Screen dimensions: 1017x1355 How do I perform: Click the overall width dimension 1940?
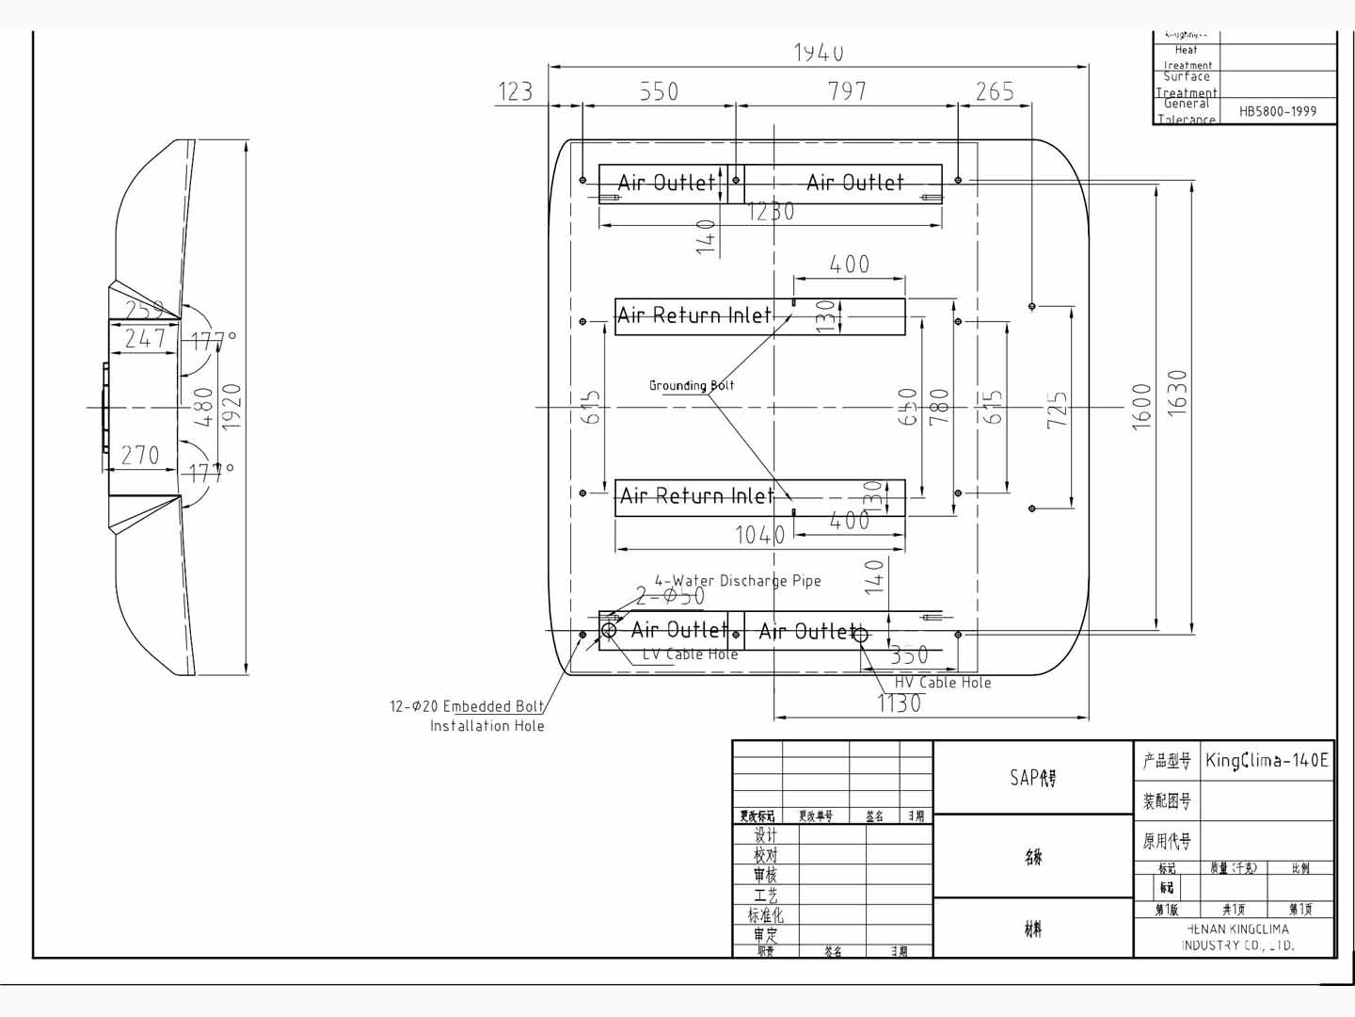pyautogui.click(x=818, y=53)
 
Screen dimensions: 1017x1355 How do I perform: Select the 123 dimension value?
pyautogui.click(x=515, y=91)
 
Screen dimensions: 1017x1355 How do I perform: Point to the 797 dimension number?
pyautogui.click(x=847, y=91)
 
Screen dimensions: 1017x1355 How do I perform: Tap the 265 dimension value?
pyautogui.click(x=995, y=91)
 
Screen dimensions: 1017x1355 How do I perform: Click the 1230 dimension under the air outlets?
pyautogui.click(x=771, y=212)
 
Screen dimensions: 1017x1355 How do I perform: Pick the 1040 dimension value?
pyautogui.click(x=759, y=536)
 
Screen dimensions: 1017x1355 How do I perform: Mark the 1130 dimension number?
pyautogui.click(x=899, y=703)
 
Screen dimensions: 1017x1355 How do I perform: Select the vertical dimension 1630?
pyautogui.click(x=1177, y=392)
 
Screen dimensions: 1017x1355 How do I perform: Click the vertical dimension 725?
pyautogui.click(x=1058, y=411)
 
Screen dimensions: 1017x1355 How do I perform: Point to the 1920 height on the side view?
pyautogui.click(x=231, y=407)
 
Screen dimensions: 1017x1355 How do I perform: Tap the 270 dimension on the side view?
pyautogui.click(x=140, y=456)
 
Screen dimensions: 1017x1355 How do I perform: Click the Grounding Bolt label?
pyautogui.click(x=692, y=385)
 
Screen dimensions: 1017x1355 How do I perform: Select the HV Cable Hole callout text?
pyautogui.click(x=943, y=683)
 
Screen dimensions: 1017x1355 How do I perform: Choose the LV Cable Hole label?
pyautogui.click(x=690, y=654)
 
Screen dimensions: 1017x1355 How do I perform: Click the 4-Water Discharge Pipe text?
pyautogui.click(x=738, y=581)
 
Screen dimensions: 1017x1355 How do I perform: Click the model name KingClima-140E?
pyautogui.click(x=1267, y=761)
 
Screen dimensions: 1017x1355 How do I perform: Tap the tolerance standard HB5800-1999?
pyautogui.click(x=1277, y=111)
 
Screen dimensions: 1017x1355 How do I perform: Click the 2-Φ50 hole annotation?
pyautogui.click(x=670, y=596)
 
